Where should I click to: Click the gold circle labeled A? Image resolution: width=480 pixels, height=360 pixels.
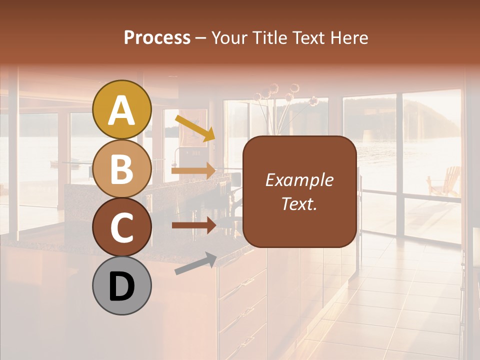[x=122, y=109]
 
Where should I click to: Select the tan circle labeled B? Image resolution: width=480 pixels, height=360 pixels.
[x=122, y=168]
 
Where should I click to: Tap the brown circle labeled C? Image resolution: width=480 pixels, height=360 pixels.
[x=122, y=227]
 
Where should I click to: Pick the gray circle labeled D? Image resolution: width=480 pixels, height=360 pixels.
[x=122, y=285]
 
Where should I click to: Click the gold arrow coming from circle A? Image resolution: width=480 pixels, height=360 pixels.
[x=194, y=128]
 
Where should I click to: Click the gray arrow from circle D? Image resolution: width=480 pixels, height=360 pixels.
[x=195, y=263]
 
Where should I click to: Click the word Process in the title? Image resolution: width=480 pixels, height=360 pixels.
[x=157, y=37]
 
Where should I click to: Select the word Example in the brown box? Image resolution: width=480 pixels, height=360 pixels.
[x=299, y=180]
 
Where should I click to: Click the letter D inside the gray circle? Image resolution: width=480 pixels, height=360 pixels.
[x=122, y=286]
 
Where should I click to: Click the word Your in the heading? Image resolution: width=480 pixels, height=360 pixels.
[x=229, y=37]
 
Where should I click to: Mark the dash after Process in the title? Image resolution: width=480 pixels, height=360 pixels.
[x=201, y=38]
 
